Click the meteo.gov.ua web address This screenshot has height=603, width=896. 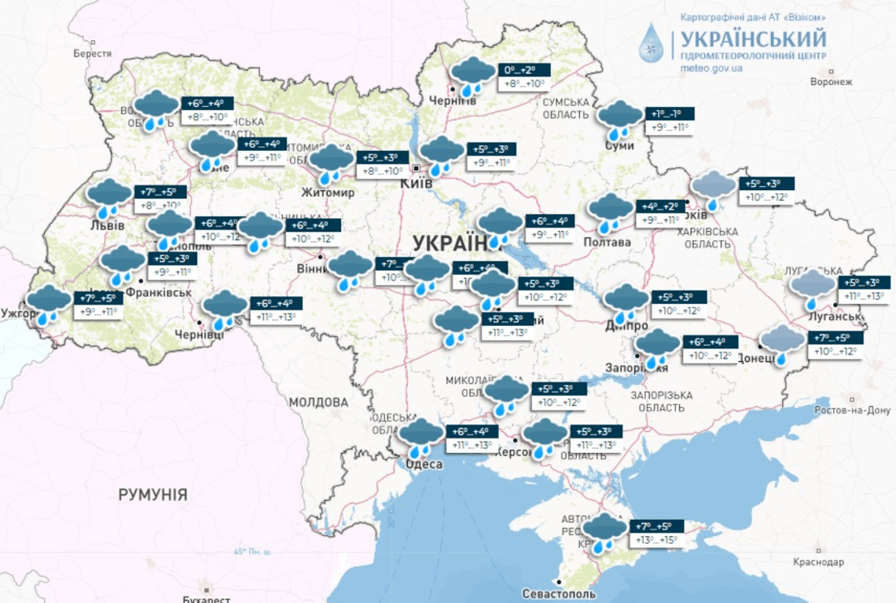point(711,68)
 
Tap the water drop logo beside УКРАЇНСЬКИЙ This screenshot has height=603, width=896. point(652,43)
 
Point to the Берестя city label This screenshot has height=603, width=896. point(93,53)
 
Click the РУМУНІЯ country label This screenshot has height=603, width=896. point(152,495)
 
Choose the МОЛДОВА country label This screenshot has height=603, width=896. point(318,402)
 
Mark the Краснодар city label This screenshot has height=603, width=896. point(818,562)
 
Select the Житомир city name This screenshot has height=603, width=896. point(328,192)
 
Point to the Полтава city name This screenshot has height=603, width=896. point(607,243)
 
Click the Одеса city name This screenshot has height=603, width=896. point(424,465)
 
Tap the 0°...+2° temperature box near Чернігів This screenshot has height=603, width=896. point(524,70)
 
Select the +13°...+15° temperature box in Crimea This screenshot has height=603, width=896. point(656,540)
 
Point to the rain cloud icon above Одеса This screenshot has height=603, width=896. point(421,437)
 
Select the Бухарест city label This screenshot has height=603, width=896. point(202,598)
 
